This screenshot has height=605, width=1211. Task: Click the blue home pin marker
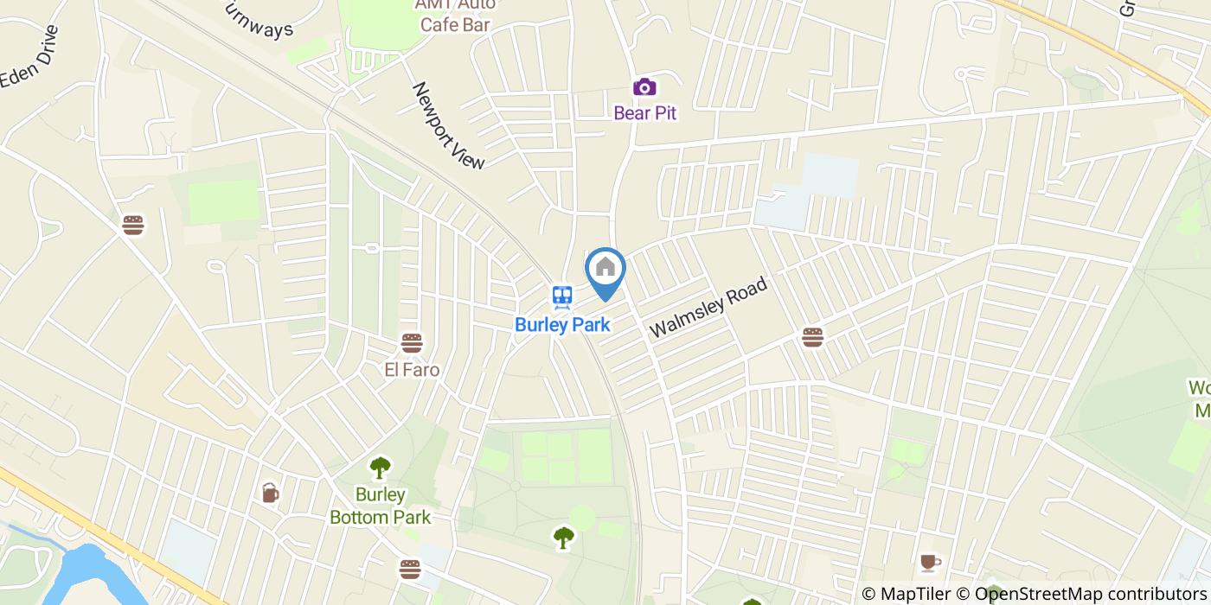605,270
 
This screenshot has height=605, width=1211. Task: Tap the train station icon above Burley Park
563,297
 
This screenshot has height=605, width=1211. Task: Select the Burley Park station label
562,325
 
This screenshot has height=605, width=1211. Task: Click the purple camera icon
644,86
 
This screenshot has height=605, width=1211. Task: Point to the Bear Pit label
644,112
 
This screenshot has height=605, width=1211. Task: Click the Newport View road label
448,125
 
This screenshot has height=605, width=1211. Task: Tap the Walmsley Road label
708,308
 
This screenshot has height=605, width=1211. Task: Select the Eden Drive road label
29,56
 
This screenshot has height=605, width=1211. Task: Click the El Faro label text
412,370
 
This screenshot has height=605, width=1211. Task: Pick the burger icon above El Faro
412,343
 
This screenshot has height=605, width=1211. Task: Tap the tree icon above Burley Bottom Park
380,468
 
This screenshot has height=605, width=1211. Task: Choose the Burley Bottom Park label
380,506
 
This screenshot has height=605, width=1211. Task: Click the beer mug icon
270,493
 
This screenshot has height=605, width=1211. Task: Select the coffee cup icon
930,563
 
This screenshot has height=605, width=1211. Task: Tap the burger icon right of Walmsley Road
811,337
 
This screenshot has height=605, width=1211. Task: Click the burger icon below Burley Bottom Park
410,569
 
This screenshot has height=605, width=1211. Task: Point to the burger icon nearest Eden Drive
132,226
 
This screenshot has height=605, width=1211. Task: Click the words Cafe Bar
455,24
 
